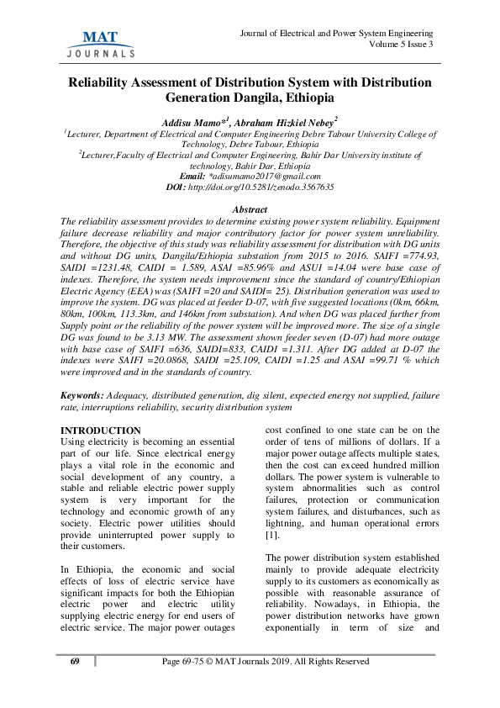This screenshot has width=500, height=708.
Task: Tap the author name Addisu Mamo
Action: (189, 124)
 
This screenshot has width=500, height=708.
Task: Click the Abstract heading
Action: (250, 208)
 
